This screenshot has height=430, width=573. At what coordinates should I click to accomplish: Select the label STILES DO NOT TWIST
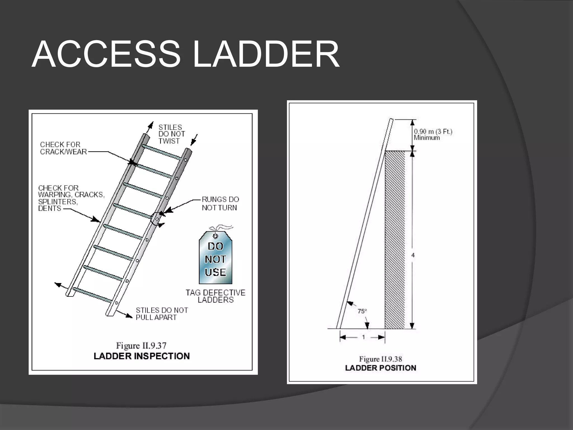pyautogui.click(x=172, y=134)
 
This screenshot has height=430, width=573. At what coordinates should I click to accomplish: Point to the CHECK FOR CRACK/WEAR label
pyautogui.click(x=63, y=148)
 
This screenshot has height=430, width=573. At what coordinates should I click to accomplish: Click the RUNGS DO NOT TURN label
pyautogui.click(x=220, y=204)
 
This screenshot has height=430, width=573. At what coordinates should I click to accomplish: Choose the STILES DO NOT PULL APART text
pyautogui.click(x=162, y=314)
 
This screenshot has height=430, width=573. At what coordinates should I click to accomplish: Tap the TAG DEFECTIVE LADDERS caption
pyautogui.click(x=215, y=296)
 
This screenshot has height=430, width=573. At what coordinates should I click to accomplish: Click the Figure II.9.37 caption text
pyautogui.click(x=141, y=346)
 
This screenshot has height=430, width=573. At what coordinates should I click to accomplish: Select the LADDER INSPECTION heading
pyautogui.click(x=142, y=356)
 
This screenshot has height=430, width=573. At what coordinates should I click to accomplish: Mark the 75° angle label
pyautogui.click(x=362, y=311)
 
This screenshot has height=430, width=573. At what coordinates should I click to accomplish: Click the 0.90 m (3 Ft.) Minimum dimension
pyautogui.click(x=433, y=134)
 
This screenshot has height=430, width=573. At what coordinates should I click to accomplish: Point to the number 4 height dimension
pyautogui.click(x=413, y=255)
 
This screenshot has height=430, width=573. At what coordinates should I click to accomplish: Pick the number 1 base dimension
pyautogui.click(x=363, y=337)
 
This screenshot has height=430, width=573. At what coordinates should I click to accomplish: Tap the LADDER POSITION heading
pyautogui.click(x=381, y=368)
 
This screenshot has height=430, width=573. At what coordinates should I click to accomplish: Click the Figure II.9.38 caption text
pyautogui.click(x=381, y=359)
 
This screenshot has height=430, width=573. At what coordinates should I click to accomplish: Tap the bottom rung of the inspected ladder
pyautogui.click(x=92, y=295)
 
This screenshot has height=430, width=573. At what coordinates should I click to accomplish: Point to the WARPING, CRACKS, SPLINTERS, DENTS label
pyautogui.click(x=71, y=198)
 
